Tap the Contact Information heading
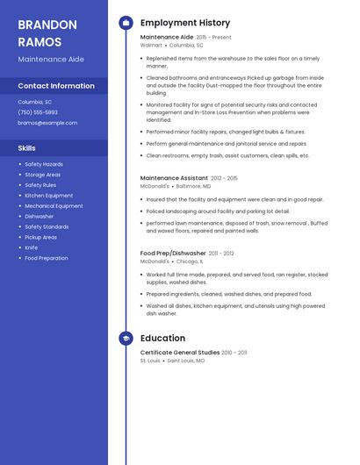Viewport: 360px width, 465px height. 56,86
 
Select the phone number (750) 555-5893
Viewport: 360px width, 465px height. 38,112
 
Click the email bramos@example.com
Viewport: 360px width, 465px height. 47,123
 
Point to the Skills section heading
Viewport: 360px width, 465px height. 27,148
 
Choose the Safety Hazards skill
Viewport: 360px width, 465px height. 44,164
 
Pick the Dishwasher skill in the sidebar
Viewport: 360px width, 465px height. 40,216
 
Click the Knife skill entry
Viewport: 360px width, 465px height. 32,247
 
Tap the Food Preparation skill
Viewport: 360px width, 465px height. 47,258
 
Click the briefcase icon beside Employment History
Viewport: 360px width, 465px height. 126,23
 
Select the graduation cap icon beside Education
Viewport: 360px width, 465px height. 126,338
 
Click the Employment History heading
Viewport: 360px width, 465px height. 185,23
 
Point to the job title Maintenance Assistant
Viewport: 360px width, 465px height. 174,178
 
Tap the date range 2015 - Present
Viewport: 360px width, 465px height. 213,38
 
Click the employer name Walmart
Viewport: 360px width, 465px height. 151,45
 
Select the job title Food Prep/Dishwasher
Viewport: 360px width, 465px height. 172,254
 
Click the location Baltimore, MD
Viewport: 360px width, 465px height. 193,186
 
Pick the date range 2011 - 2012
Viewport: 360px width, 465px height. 221,254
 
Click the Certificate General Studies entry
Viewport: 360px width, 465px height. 180,353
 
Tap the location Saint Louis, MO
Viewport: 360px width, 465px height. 186,361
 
